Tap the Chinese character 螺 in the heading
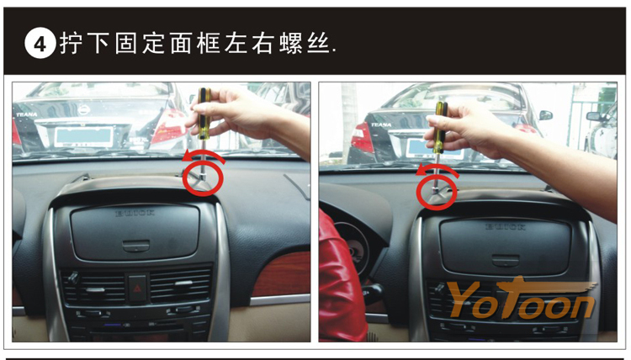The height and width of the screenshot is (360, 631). [290, 44]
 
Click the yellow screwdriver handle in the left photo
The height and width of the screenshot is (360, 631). [204, 114]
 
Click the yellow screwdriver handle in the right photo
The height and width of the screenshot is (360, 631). [440, 127]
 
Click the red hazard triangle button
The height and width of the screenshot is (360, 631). [138, 288]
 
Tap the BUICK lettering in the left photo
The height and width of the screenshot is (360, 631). [135, 213]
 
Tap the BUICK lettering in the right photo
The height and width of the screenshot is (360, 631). [506, 227]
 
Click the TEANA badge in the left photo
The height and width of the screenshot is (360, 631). [27, 114]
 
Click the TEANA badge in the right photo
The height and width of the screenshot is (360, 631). [381, 124]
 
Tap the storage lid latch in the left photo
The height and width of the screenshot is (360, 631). [135, 246]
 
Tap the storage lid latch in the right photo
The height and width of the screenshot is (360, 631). [506, 260]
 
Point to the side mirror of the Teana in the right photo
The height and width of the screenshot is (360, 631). [546, 115]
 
